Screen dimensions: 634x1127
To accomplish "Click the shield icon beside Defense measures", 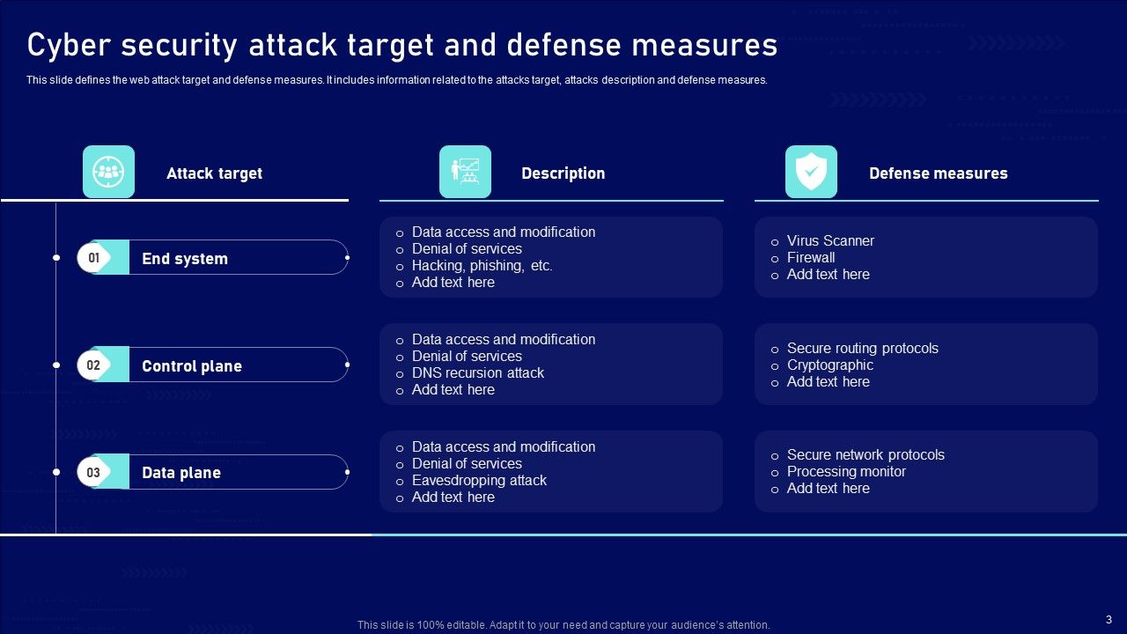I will [x=811, y=172].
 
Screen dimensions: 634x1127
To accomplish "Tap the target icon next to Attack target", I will [x=108, y=172].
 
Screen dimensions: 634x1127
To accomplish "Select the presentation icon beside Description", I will [x=465, y=172].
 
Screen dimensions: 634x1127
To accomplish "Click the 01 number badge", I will [x=93, y=258].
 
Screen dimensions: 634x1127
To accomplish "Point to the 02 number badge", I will [x=93, y=365].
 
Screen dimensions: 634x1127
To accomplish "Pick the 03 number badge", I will [x=93, y=473].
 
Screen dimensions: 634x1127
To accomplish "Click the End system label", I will [x=185, y=259].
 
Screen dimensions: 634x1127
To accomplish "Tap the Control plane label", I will [x=192, y=366].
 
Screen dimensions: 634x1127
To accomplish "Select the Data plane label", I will [x=181, y=473].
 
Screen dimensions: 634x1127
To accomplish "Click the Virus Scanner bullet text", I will [x=830, y=240].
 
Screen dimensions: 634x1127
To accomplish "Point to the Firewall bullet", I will [x=811, y=257].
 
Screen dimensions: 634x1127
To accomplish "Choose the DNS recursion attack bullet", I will [x=478, y=372].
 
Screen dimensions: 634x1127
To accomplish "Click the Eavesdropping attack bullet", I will [x=479, y=480].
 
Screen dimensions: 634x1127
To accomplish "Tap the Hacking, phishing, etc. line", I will [x=482, y=265].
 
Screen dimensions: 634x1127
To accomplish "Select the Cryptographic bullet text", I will [x=830, y=365].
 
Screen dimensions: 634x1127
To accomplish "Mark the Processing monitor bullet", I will [x=846, y=471].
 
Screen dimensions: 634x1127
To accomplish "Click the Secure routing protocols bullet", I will [x=863, y=348].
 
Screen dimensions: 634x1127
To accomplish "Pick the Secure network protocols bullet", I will [x=866, y=454].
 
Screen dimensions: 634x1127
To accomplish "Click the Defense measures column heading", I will [x=938, y=173].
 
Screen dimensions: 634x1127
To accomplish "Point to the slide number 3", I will [x=1109, y=619].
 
